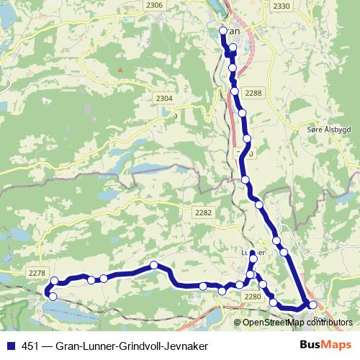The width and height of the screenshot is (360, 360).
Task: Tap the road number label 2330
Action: tap(282, 6)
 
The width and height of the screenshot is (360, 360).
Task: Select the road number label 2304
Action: tap(164, 99)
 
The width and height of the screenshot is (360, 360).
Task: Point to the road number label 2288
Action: tap(254, 93)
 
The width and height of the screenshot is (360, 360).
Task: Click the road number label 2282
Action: tap(204, 212)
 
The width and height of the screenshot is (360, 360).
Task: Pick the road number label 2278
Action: tap(37, 272)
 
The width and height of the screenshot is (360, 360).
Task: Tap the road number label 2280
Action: tap(252, 297)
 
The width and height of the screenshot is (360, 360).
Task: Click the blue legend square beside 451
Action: tap(9, 345)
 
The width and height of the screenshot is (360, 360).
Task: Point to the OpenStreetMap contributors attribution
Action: tap(297, 322)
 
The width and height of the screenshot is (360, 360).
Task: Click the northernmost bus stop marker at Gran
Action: tap(222, 31)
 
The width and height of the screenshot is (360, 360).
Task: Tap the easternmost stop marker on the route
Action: tap(312, 305)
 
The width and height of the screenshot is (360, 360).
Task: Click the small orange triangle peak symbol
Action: tap(121, 70)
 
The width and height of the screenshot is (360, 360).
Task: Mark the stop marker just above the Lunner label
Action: tap(253, 253)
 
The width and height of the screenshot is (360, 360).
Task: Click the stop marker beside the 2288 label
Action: tap(235, 91)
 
